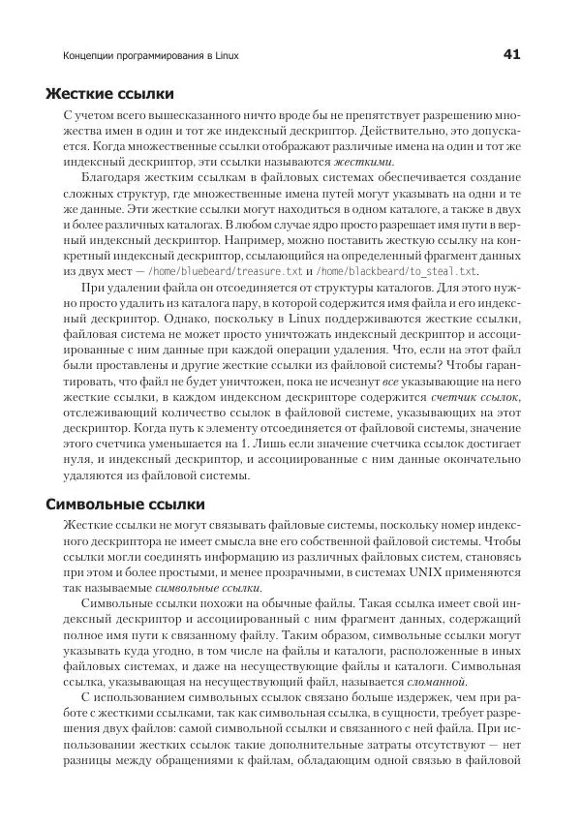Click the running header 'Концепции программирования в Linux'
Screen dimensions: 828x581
(149, 56)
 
